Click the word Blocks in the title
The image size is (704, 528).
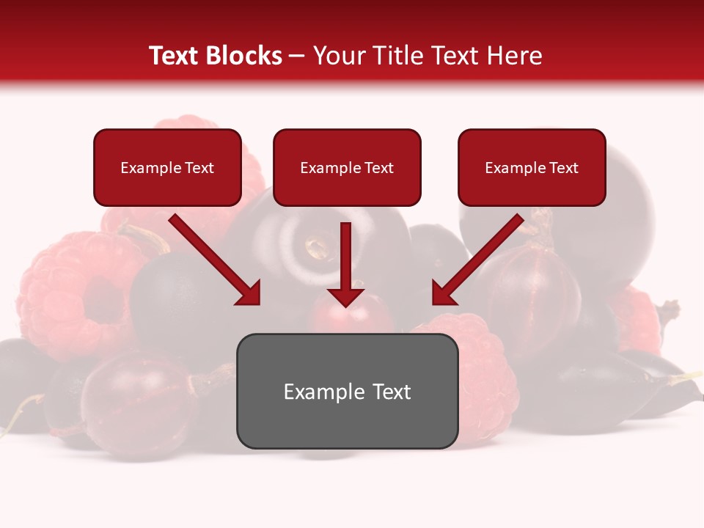click(x=245, y=56)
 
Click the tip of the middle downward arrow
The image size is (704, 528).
click(x=346, y=304)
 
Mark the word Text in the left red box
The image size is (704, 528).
click(x=199, y=168)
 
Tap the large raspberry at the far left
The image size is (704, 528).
click(x=70, y=293)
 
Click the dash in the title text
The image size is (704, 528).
click(x=297, y=56)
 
